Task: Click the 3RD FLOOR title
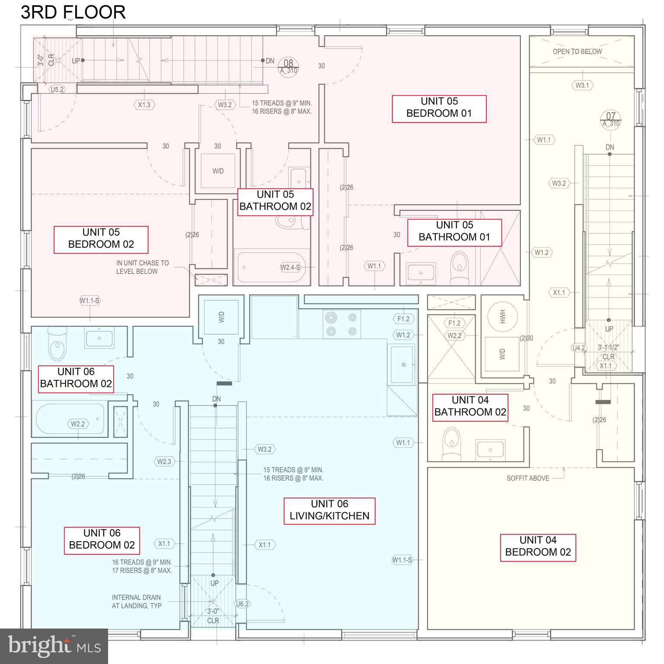click(x=73, y=12)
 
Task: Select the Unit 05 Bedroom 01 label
click(x=439, y=107)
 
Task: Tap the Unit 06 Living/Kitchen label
click(x=329, y=510)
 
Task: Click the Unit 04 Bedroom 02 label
click(x=537, y=546)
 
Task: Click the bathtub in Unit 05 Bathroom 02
click(x=271, y=267)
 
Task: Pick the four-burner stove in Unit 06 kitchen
click(x=342, y=324)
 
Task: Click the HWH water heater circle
click(x=502, y=316)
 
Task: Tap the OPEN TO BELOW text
click(x=577, y=51)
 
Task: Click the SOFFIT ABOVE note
click(x=527, y=478)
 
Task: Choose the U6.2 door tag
click(x=243, y=604)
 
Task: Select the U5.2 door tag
click(x=57, y=89)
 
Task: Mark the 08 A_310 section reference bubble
click(x=288, y=67)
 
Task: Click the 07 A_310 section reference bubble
click(x=610, y=119)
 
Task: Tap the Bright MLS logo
click(x=54, y=646)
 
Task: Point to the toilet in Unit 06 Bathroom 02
click(x=57, y=344)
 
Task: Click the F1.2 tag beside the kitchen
click(x=403, y=319)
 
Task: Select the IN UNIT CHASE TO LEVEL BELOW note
click(x=142, y=267)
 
